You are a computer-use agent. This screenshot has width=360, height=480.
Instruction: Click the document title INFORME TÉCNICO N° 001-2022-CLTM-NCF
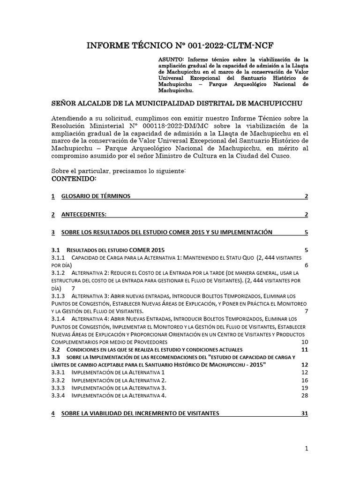coord(180,45)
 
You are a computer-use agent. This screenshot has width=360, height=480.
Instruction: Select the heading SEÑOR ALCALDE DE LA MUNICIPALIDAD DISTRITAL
coord(176,103)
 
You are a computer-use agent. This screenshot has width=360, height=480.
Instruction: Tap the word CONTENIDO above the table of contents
coord(74,180)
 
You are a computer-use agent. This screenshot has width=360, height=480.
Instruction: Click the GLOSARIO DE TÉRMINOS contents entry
coord(96,196)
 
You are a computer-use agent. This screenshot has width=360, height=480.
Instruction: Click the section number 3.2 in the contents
coord(56,350)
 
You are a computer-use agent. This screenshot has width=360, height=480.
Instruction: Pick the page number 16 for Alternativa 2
coord(304,380)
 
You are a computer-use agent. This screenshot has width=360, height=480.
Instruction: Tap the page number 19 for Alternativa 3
coord(304,388)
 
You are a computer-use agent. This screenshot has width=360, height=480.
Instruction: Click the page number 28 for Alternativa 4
coord(304,396)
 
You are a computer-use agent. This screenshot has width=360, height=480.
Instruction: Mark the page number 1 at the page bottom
coord(306,449)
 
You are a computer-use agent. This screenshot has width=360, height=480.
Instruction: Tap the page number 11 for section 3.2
coord(304,350)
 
